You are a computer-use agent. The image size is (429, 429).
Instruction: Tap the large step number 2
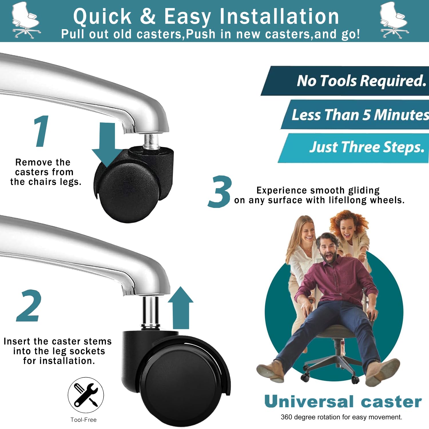pos(29,305)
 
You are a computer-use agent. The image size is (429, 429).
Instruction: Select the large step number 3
pos(220,191)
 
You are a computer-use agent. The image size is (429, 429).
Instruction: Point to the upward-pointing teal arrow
pos(180,308)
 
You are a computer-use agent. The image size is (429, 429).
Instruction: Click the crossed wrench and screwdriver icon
pos(86,395)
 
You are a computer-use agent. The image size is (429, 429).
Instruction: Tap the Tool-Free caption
pos(84,420)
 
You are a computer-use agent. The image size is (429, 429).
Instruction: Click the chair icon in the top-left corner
pos(26,20)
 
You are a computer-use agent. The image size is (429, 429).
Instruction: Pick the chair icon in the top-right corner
pos(394,20)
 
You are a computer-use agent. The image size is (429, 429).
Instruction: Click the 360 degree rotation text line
pos(341,417)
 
